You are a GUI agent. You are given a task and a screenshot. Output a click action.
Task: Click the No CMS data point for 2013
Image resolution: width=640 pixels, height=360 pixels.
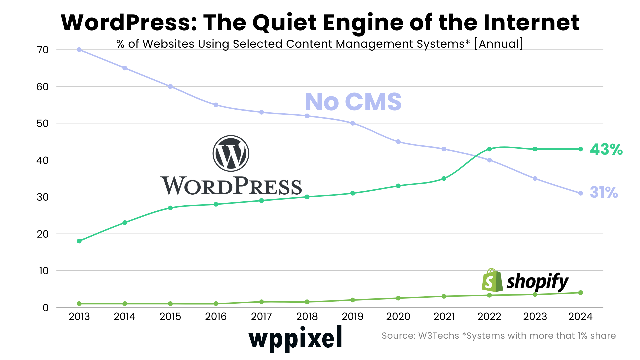(x=79, y=50)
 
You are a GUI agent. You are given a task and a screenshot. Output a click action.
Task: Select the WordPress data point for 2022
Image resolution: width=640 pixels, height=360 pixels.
(x=489, y=149)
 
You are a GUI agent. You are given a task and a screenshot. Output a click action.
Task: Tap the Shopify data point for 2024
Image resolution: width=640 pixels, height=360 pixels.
(x=581, y=293)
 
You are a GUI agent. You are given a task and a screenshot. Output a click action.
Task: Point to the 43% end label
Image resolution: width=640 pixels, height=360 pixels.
(x=606, y=149)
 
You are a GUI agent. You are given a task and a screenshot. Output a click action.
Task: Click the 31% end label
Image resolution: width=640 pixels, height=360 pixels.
(x=604, y=192)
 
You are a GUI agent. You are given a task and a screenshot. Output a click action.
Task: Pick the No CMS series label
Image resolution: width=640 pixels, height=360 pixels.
(x=353, y=102)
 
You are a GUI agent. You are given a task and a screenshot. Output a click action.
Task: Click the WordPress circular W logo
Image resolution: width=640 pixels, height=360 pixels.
(x=231, y=153)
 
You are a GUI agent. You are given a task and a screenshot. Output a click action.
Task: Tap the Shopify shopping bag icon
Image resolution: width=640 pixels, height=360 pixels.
(x=492, y=280)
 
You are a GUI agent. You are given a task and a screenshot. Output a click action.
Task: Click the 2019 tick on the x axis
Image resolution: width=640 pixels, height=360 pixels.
(x=353, y=316)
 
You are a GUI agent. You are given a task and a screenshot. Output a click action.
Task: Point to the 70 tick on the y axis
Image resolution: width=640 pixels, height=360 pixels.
(x=43, y=50)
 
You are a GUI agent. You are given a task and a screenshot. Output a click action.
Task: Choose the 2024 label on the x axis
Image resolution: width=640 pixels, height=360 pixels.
(x=580, y=316)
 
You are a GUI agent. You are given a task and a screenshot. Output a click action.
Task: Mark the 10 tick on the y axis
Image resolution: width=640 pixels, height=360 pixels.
(x=44, y=271)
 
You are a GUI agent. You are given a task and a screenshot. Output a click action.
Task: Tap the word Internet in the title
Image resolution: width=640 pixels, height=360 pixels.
(x=531, y=23)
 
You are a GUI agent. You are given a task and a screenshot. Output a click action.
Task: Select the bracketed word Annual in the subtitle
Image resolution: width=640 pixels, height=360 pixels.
(x=499, y=44)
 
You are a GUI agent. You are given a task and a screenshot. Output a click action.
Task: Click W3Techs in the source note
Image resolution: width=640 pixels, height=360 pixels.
(x=439, y=336)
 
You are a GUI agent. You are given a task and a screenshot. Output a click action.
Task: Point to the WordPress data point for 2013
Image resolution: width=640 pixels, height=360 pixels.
(x=79, y=241)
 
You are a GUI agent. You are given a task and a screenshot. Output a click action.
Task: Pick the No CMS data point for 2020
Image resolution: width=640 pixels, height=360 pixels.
(x=398, y=142)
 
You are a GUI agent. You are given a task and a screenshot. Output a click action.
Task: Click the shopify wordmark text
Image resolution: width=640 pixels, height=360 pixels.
(x=537, y=282)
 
